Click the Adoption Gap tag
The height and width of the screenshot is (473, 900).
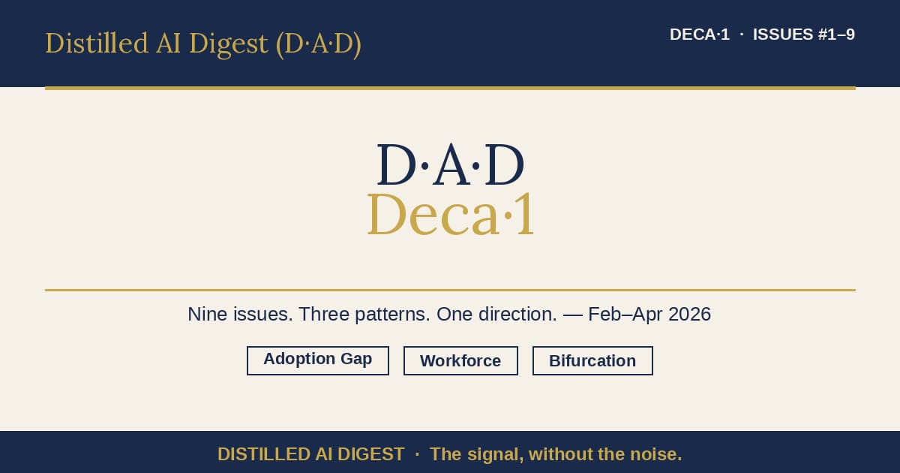pyautogui.click(x=318, y=360)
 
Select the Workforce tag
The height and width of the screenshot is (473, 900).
pyautogui.click(x=460, y=361)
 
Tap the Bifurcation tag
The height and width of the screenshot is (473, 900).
pyautogui.click(x=592, y=361)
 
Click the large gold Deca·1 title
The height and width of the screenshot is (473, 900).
pyautogui.click(x=451, y=215)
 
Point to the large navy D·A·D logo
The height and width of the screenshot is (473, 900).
pyautogui.click(x=450, y=165)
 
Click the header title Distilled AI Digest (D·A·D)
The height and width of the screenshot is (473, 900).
pyautogui.click(x=203, y=44)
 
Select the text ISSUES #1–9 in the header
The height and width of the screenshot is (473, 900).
pyautogui.click(x=804, y=35)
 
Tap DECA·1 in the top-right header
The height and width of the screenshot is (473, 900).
pyautogui.click(x=699, y=35)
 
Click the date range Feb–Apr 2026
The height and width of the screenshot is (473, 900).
pyautogui.click(x=649, y=314)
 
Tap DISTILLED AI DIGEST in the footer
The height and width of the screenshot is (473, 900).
pyautogui.click(x=310, y=454)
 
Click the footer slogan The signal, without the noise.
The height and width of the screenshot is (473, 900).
pyautogui.click(x=556, y=454)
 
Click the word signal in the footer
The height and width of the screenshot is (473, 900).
pyautogui.click(x=491, y=454)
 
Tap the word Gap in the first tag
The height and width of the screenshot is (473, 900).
pyautogui.click(x=356, y=360)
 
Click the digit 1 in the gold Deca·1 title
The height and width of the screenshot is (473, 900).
pyautogui.click(x=525, y=215)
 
